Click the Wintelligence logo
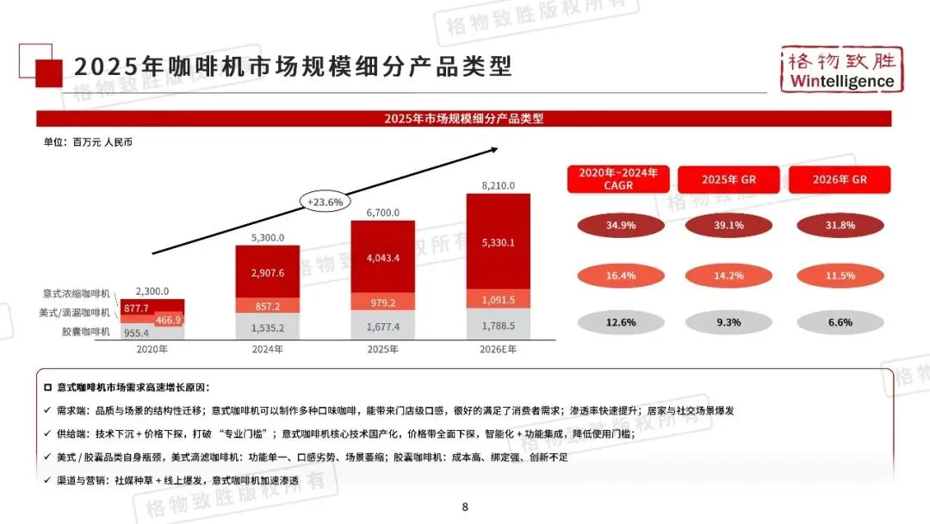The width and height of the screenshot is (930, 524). click(841, 70)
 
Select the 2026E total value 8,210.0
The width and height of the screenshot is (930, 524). click(498, 185)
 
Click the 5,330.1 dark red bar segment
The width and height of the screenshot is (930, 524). click(498, 242)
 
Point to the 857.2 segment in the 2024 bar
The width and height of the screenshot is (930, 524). click(268, 306)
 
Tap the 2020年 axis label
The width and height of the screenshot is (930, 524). click(152, 349)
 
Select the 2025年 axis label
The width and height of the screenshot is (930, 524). click(382, 349)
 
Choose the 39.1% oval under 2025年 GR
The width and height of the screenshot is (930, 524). click(728, 226)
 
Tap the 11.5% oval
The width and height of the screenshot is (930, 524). click(840, 276)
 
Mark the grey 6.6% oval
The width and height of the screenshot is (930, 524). click(840, 322)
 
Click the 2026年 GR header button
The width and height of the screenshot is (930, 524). click(840, 179)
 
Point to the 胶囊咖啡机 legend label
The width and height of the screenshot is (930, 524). click(86, 332)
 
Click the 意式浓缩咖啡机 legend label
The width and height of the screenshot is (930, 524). click(77, 295)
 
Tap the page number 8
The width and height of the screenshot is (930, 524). click(465, 507)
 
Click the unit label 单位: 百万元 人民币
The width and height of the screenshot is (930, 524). click(89, 142)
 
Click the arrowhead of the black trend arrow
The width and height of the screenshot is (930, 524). click(494, 150)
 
